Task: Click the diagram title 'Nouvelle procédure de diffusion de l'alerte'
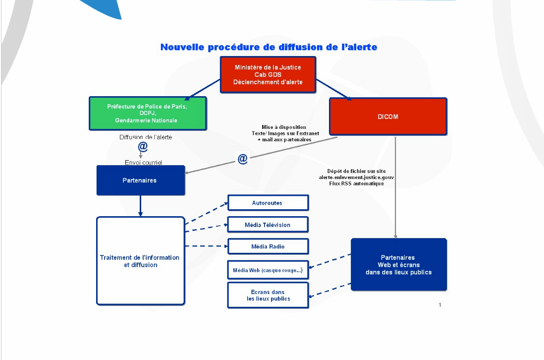[269, 47]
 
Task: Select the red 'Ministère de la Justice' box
[268, 74]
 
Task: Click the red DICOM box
[388, 117]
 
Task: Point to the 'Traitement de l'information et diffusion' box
[140, 261]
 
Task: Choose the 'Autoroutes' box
[268, 203]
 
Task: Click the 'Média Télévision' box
[268, 225]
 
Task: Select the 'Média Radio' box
[268, 246]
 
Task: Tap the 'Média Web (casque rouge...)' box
[268, 271]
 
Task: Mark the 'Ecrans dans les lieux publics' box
[268, 295]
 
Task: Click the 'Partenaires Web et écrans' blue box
[398, 265]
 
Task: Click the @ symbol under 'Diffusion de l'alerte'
[143, 147]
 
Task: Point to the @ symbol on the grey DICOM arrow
[242, 159]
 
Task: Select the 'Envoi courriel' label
[143, 162]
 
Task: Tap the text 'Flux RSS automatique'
[356, 183]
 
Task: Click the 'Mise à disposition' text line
[284, 127]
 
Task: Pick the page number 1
[440, 305]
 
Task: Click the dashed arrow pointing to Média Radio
[206, 246]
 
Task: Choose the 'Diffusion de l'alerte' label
[146, 137]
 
